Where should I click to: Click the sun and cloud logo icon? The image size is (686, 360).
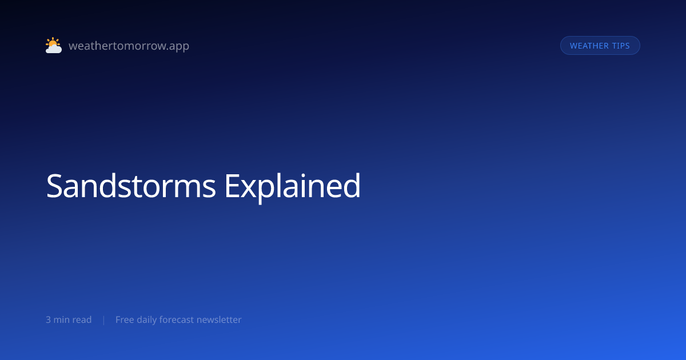tap(54, 45)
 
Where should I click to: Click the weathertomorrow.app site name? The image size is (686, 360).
tap(129, 46)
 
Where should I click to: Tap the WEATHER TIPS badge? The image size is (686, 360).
tap(600, 46)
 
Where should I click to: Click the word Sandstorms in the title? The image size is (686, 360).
tap(131, 186)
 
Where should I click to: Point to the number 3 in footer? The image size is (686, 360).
tap(48, 319)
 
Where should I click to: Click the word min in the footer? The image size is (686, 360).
tap(62, 319)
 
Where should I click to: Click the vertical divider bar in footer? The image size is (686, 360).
tap(104, 320)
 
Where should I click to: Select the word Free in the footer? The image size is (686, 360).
tap(125, 319)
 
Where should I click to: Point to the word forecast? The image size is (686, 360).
tap(177, 319)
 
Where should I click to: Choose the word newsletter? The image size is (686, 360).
tap(219, 319)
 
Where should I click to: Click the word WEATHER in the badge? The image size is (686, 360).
tap(589, 46)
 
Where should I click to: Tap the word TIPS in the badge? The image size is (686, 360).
tap(621, 46)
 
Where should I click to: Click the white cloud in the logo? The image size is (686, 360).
tap(54, 49)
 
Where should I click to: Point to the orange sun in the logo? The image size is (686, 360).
tap(53, 42)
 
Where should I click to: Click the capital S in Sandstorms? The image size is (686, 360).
tap(54, 186)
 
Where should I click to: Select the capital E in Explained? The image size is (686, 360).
tap(232, 186)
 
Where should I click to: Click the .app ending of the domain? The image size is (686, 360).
tap(178, 46)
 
